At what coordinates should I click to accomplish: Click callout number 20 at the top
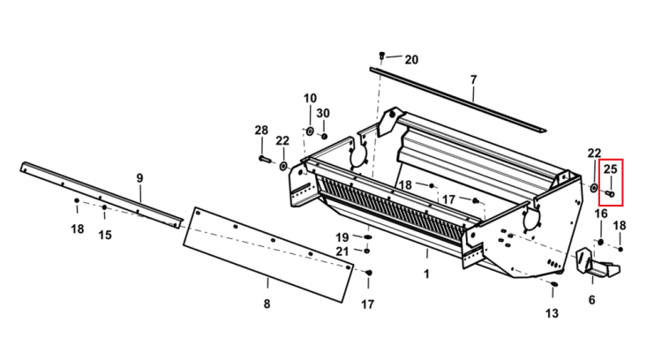point(411,60)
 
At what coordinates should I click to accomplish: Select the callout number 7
point(473,79)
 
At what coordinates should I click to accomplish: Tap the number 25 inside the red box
point(610,169)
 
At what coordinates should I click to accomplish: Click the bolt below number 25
point(610,194)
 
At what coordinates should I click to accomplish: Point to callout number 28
point(261,130)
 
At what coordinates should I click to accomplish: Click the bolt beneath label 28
point(264,159)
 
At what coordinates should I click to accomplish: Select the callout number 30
point(323,113)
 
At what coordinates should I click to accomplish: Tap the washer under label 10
point(310,131)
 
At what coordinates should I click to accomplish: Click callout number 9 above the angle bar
point(139,178)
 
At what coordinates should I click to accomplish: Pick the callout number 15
point(105,235)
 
